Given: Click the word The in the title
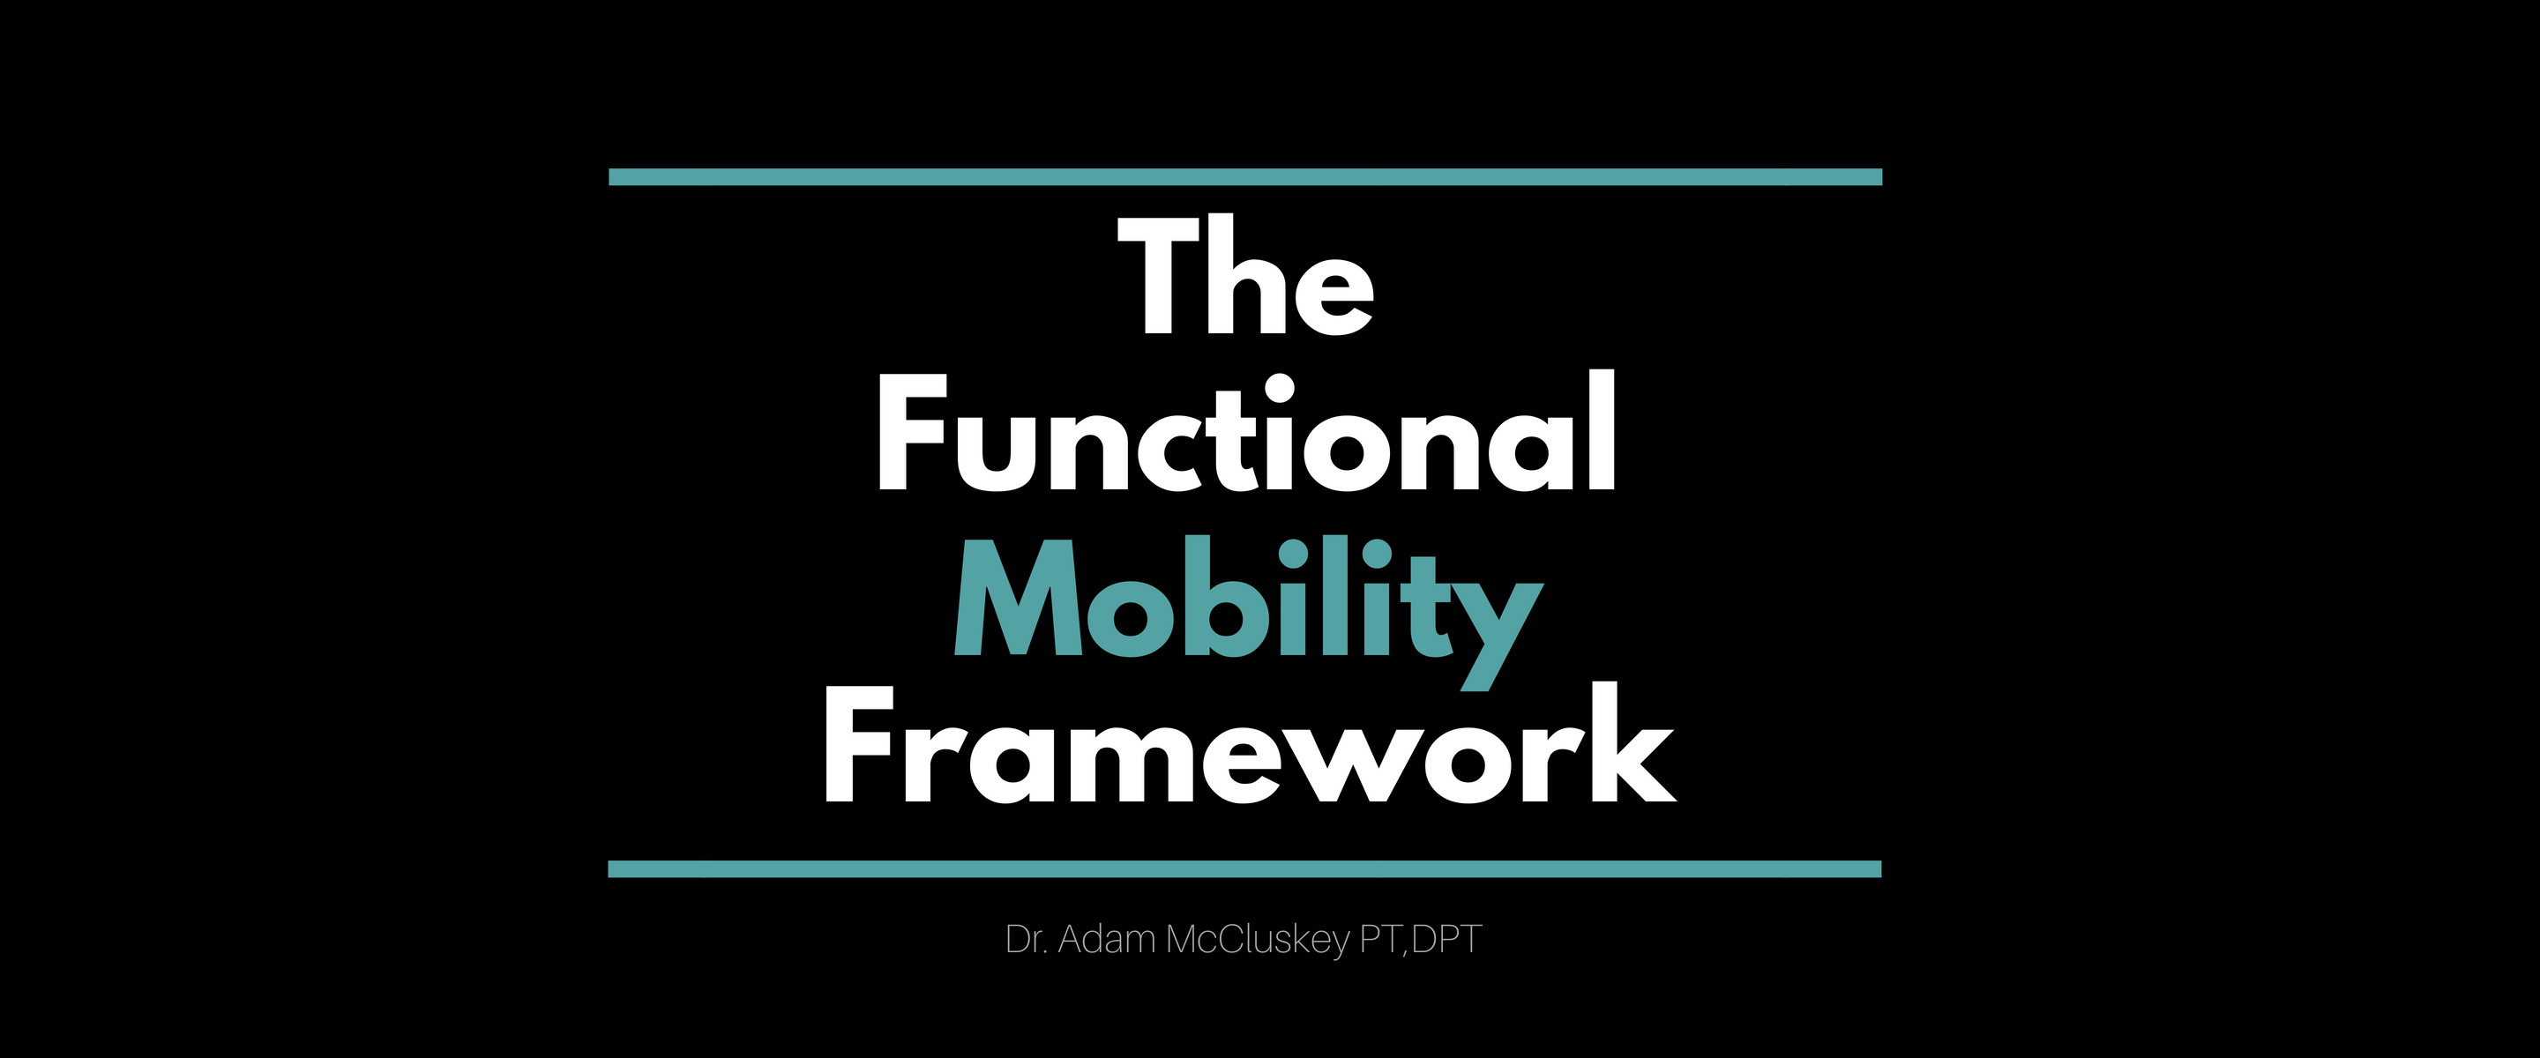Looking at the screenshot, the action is point(1245,275).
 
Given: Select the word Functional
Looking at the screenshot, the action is point(1246,431).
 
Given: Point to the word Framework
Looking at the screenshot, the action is point(1250,741).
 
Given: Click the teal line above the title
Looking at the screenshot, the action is point(1245,177).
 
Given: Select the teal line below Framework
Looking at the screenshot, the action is point(1244,868).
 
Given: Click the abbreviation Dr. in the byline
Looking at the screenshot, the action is point(1026,940).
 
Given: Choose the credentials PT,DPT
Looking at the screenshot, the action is point(1421,940).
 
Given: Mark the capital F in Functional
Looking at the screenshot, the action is point(912,432).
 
